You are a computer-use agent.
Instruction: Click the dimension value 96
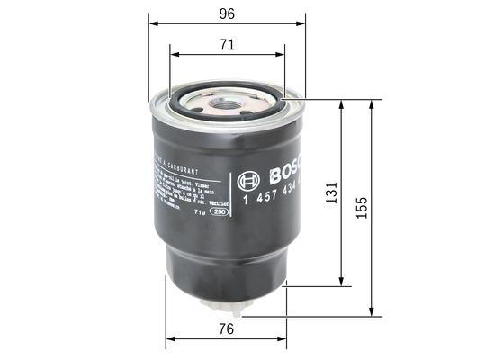[x=227, y=13]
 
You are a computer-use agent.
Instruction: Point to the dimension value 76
[x=227, y=329]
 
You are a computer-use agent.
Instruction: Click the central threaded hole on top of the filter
[x=225, y=104]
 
